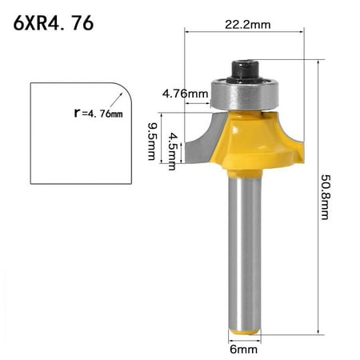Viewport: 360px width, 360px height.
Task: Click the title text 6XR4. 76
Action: click(54, 23)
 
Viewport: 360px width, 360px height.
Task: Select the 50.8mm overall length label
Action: click(325, 197)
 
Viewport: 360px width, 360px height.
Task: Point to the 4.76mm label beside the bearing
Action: click(185, 94)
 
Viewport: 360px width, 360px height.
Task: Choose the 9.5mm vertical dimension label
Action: click(151, 140)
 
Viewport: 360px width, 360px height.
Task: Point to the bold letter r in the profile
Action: click(77, 114)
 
